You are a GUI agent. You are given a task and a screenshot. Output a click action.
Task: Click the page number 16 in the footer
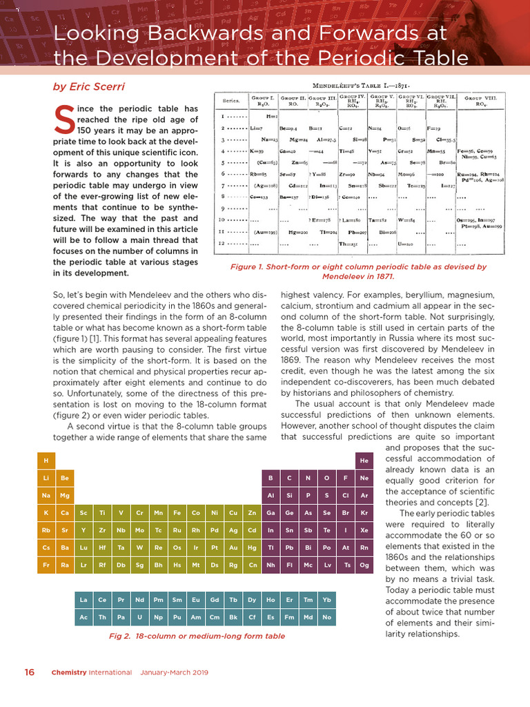point(29,672)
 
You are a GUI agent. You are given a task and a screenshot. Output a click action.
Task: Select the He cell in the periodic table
point(364,461)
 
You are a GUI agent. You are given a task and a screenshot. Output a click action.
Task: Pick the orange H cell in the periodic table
point(46,461)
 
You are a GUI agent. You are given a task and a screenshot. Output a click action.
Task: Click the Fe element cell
point(177,513)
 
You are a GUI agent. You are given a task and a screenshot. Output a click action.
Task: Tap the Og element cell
point(364,565)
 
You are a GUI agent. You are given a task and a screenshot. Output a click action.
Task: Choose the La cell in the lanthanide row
point(84,600)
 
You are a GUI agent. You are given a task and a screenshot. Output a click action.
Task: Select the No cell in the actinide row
point(326,617)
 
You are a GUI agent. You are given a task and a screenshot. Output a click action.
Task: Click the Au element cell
point(233,548)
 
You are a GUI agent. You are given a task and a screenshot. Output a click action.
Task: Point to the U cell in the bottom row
point(139,617)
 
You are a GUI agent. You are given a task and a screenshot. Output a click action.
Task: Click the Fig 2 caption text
point(197,636)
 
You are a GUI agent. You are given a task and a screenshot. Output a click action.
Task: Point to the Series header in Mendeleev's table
point(230,101)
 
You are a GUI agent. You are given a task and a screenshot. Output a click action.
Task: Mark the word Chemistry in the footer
point(72,672)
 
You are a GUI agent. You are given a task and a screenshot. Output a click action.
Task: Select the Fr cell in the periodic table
point(46,565)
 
